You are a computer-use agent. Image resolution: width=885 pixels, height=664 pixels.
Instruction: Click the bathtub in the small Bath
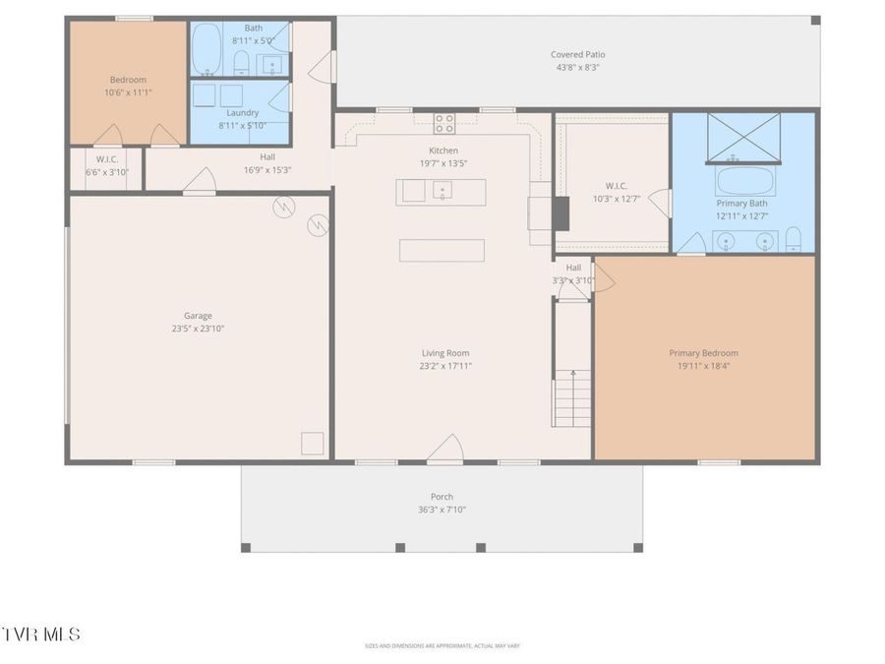(x=206, y=49)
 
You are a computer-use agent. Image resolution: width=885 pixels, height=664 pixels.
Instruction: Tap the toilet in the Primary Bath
(x=795, y=239)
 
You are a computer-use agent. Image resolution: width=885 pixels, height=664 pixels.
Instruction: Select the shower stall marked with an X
(x=744, y=138)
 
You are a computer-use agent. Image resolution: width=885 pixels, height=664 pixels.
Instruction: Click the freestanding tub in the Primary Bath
(x=744, y=181)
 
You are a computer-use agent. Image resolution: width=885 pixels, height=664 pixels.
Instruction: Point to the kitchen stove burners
(x=444, y=123)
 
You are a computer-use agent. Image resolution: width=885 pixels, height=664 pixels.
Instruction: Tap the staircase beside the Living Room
(x=572, y=396)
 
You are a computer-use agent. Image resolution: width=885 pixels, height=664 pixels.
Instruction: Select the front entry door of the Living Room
(x=444, y=450)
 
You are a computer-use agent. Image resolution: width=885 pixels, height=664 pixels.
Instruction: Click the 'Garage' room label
(x=198, y=316)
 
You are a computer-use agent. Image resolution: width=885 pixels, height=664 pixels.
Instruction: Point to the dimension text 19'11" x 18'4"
(x=703, y=366)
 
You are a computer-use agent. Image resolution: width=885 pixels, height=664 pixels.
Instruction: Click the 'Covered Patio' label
(x=578, y=54)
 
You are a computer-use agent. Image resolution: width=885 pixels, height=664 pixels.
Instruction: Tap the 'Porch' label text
(x=442, y=497)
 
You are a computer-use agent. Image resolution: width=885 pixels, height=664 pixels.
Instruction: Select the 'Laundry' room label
(x=241, y=113)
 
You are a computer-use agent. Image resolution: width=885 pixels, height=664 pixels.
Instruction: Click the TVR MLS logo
(x=41, y=634)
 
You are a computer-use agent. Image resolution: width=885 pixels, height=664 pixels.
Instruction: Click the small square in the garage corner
(x=313, y=443)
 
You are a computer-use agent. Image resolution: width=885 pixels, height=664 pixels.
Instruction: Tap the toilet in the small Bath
(x=241, y=65)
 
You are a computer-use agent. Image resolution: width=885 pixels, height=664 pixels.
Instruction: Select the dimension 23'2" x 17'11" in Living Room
(x=445, y=366)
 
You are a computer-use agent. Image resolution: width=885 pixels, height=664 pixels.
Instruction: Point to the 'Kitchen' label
(x=443, y=151)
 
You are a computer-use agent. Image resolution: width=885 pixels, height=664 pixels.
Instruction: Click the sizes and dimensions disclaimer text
(x=442, y=646)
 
